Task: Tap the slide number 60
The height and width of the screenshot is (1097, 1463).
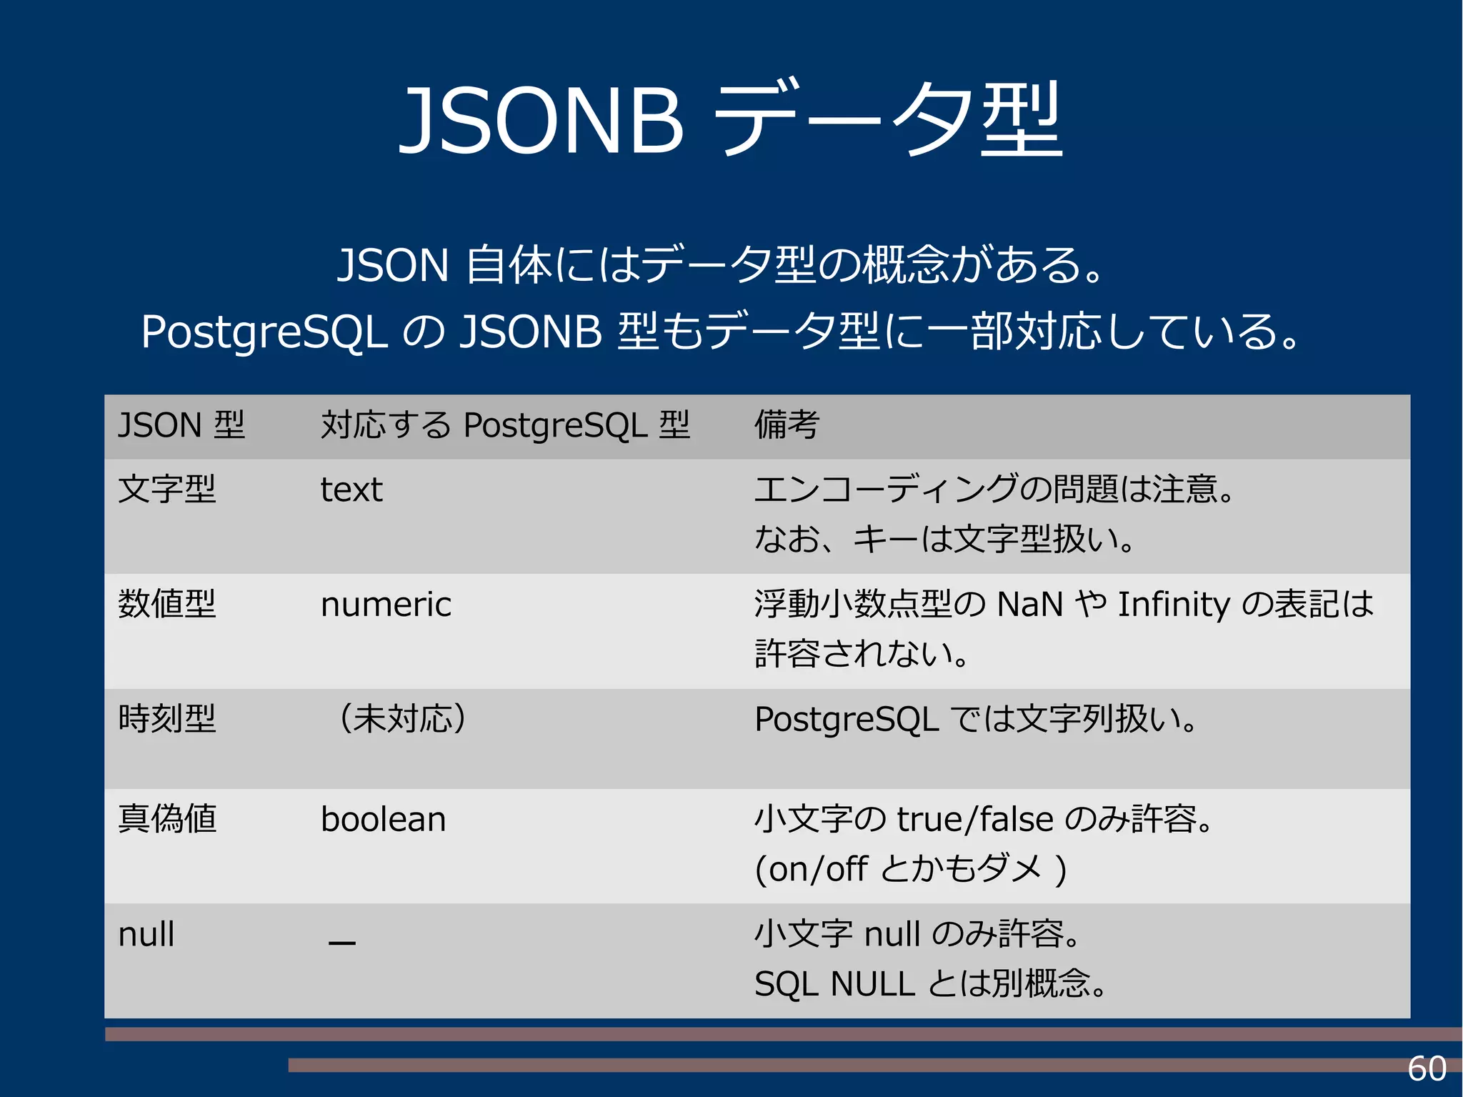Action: coord(1427,1069)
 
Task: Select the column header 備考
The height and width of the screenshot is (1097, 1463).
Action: coord(787,425)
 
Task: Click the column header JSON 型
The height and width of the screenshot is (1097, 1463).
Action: coord(181,425)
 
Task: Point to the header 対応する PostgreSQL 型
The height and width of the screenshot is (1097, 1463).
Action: coord(505,425)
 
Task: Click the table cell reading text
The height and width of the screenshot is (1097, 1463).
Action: coord(351,490)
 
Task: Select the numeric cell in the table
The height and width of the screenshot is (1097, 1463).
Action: coord(386,605)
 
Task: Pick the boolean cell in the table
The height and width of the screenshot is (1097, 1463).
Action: coord(384,819)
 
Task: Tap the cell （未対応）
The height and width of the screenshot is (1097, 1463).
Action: coord(402,719)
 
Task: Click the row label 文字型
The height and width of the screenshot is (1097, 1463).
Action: coord(167,490)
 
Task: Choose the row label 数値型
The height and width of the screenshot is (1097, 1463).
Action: coord(167,605)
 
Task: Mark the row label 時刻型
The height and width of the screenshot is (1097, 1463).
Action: coord(167,719)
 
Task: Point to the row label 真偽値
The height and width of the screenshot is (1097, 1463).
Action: coord(167,819)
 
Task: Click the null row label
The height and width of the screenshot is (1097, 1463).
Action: coord(146,934)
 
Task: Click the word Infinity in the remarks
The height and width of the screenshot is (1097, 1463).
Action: coord(1174,605)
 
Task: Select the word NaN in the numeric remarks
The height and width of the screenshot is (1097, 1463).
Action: coord(1030,605)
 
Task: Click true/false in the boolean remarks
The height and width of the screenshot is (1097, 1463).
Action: coord(975,819)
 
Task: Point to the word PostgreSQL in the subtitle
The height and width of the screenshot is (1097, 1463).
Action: coord(264,332)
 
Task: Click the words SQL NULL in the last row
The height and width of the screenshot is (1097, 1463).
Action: coord(834,984)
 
